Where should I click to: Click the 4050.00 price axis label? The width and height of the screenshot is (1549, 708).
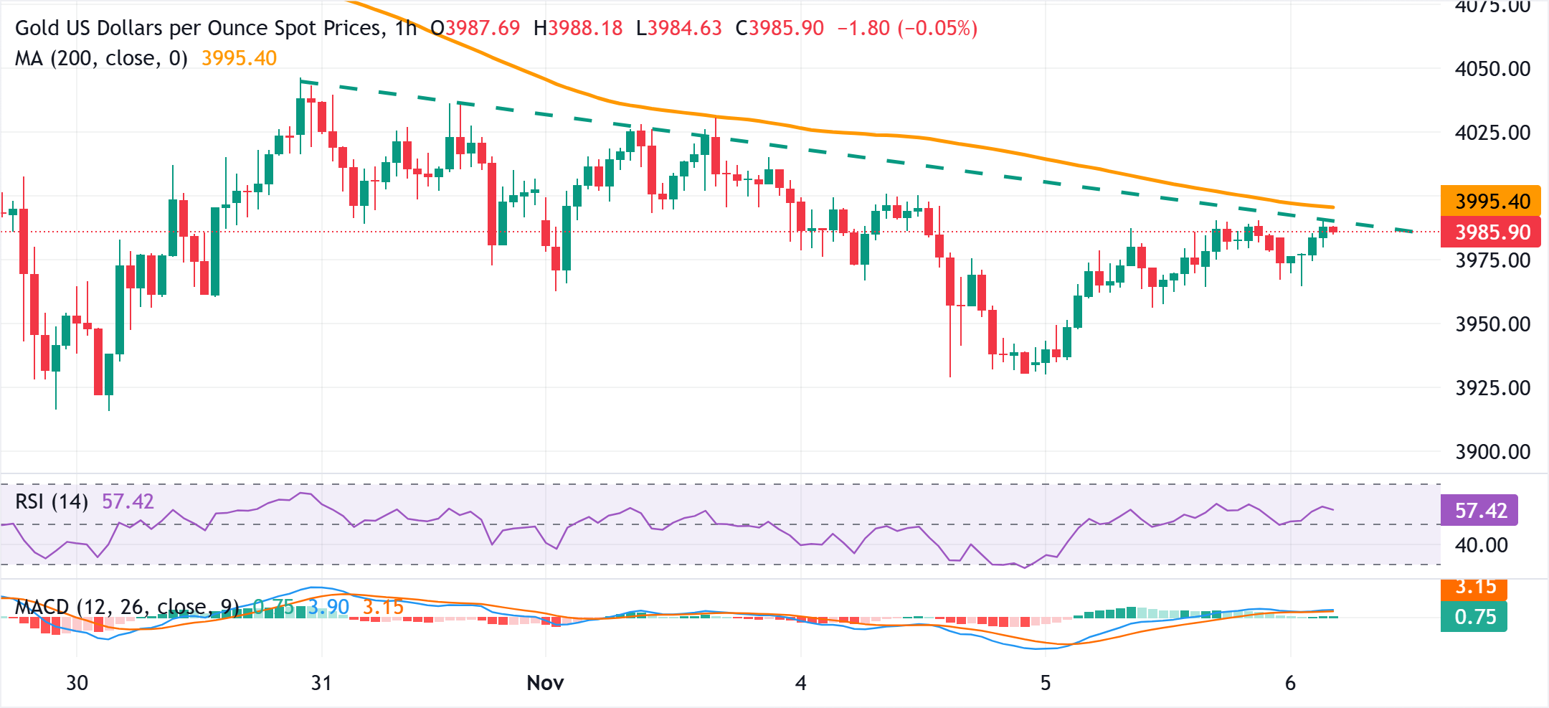tap(1492, 69)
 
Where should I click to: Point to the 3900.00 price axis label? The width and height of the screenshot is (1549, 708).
tap(1492, 452)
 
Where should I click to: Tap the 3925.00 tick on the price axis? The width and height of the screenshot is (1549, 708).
tap(1492, 388)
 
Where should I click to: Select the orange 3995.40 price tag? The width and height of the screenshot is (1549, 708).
tap(1492, 201)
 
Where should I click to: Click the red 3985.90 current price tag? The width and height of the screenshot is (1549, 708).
tap(1492, 232)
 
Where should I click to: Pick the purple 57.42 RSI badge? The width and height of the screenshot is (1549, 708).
tap(1480, 511)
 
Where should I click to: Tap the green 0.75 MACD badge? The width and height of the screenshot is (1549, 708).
tap(1474, 617)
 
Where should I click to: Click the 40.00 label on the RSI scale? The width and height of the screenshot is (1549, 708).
tap(1481, 545)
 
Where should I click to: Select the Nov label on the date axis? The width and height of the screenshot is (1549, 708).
tap(545, 683)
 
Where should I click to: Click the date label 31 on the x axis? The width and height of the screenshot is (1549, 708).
tap(321, 683)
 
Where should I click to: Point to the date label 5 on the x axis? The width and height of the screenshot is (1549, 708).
tap(1046, 683)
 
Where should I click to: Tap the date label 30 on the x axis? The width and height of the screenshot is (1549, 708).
tap(77, 683)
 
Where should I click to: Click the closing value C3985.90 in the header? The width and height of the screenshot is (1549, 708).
tap(780, 28)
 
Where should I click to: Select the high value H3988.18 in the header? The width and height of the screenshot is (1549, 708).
tap(578, 28)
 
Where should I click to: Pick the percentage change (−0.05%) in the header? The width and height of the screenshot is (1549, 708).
tap(937, 28)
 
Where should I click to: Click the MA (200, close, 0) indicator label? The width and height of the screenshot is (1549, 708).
tap(101, 58)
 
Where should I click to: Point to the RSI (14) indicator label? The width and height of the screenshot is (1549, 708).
tap(52, 501)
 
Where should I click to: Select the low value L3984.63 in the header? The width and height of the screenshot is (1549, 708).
tap(678, 28)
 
